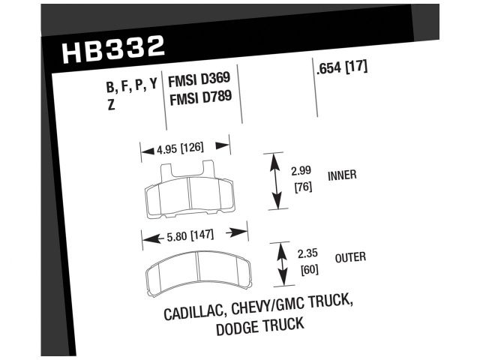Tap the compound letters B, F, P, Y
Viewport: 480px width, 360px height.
[132, 86]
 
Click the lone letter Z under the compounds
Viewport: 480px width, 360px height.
[112, 105]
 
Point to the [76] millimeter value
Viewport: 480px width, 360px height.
[300, 187]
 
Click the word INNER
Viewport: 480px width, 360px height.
[342, 176]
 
